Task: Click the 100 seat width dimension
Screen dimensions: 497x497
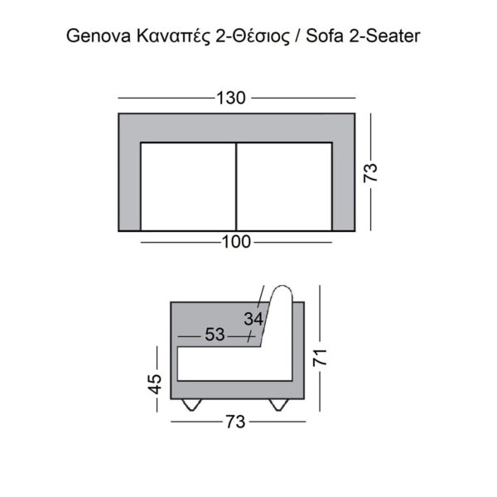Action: tap(236, 243)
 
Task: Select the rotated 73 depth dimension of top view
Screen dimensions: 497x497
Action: tap(372, 172)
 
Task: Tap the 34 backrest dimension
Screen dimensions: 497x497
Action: tap(253, 318)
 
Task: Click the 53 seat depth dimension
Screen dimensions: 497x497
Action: tap(215, 335)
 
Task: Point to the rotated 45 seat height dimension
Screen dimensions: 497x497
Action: tap(155, 385)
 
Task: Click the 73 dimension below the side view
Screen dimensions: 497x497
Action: tap(236, 422)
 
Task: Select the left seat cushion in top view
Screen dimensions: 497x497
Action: tap(189, 186)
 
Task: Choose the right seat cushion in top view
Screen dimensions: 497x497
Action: tap(285, 186)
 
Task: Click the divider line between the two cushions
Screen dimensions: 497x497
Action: tap(237, 186)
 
